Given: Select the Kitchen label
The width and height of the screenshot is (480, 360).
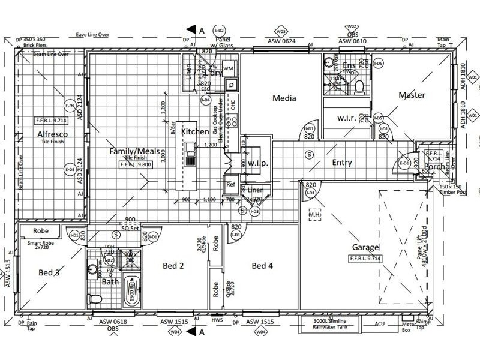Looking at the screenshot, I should point(195,131).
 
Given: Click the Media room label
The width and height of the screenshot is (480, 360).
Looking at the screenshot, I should point(285,98).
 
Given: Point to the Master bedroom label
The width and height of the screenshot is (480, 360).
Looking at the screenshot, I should point(412,95).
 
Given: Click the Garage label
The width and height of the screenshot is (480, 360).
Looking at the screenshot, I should point(365,247).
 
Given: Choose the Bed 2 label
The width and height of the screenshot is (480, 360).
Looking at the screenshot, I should point(173,265).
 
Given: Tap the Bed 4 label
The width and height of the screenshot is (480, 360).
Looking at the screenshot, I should point(262,265).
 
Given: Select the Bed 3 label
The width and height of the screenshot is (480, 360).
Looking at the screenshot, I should point(50,273).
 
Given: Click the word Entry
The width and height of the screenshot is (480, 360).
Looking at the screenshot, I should point(342,163).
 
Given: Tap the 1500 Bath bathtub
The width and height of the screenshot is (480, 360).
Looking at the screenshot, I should point(131,295).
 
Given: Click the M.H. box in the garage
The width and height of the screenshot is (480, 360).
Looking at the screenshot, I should point(315,214).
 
